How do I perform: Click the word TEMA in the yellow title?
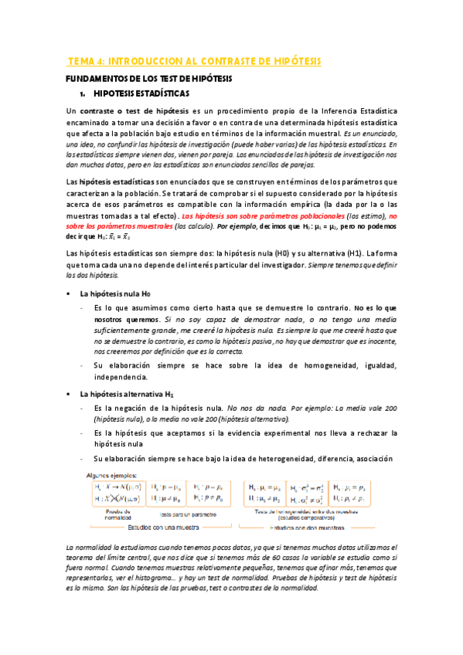pos(82,61)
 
